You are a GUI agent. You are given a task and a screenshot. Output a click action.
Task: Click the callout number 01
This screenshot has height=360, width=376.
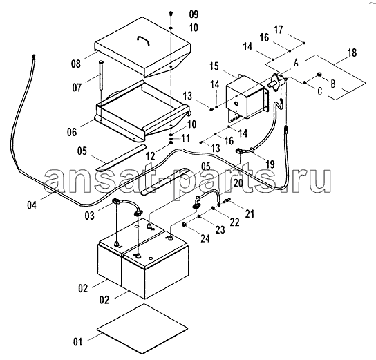pyautogui.click(x=77, y=342)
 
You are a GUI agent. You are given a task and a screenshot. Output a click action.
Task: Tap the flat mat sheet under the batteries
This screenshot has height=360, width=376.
pyautogui.click(x=142, y=329)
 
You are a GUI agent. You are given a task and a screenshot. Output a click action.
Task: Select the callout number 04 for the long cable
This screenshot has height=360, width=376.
pyautogui.click(x=32, y=205)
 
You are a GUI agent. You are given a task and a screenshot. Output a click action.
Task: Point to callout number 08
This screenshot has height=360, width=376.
pyautogui.click(x=76, y=64)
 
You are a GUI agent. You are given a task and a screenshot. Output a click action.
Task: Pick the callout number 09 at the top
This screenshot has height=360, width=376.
pyautogui.click(x=194, y=14)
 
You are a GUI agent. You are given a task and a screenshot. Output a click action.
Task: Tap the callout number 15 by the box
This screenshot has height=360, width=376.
pyautogui.click(x=214, y=66)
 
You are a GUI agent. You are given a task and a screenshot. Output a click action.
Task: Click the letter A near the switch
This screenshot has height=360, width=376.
pyautogui.click(x=297, y=63)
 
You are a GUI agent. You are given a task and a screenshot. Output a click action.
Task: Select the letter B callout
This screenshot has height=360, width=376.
pyautogui.click(x=333, y=84)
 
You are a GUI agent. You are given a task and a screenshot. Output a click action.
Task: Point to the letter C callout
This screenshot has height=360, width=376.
pyautogui.click(x=319, y=91)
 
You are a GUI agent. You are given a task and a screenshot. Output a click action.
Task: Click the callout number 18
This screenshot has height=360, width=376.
pyautogui.click(x=352, y=53)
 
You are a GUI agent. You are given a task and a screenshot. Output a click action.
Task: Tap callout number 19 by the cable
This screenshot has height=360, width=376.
pyautogui.click(x=270, y=164)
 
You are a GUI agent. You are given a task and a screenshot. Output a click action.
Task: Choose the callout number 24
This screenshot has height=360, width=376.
pyautogui.click(x=205, y=238)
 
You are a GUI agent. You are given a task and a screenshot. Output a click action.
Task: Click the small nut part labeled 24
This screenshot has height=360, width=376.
pyautogui.click(x=184, y=225)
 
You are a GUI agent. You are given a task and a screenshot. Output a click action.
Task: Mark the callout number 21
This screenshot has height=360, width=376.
pyautogui.click(x=250, y=214)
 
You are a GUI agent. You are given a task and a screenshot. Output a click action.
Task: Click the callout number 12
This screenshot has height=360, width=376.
pyautogui.click(x=151, y=156)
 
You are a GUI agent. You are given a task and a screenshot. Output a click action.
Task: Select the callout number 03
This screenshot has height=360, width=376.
pyautogui.click(x=89, y=216)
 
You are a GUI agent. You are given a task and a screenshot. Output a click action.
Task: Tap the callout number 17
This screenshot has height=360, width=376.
pyautogui.click(x=278, y=30)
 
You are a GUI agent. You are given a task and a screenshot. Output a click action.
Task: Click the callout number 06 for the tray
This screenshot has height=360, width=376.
pyautogui.click(x=72, y=132)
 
